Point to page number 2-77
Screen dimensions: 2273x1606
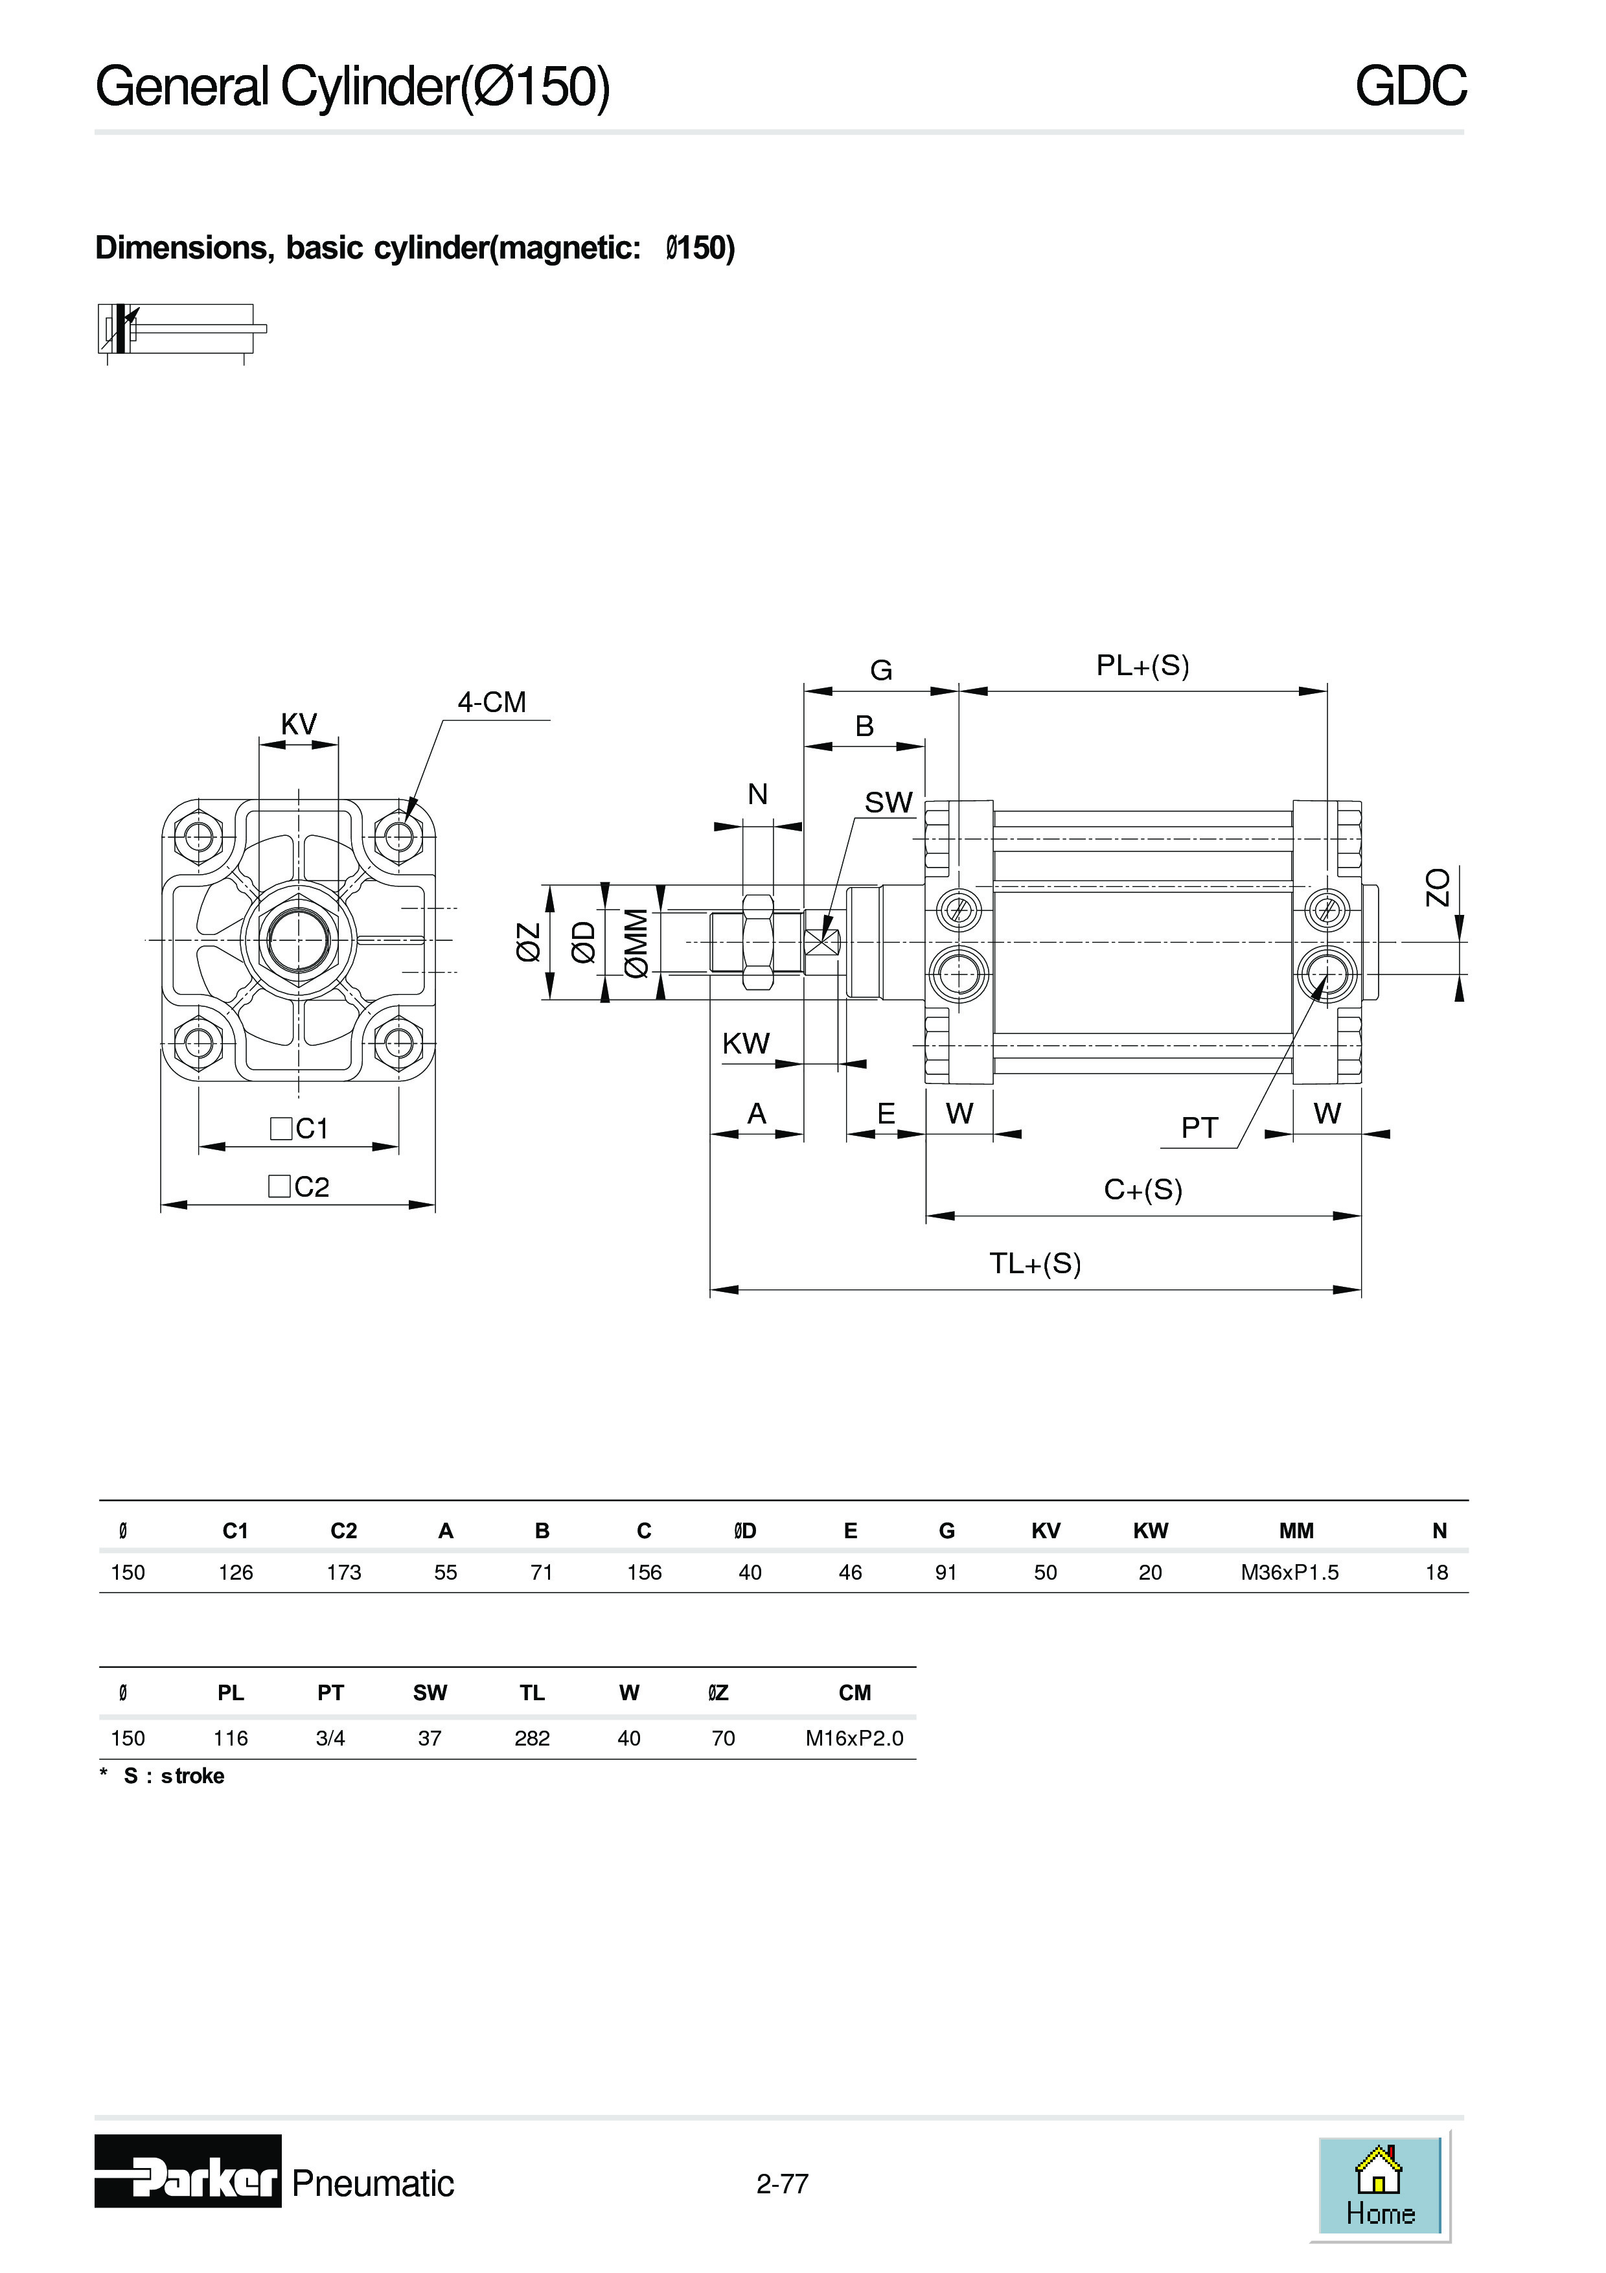pyautogui.click(x=782, y=2183)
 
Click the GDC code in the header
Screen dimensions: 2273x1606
pyautogui.click(x=1410, y=86)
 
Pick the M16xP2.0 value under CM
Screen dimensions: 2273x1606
pyautogui.click(x=854, y=1738)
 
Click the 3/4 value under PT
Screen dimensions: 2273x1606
pyautogui.click(x=330, y=1738)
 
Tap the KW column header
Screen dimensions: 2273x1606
pyautogui.click(x=1150, y=1530)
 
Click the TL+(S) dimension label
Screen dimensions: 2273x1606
pyautogui.click(x=1035, y=1263)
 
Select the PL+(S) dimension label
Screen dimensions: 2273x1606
pyautogui.click(x=1142, y=665)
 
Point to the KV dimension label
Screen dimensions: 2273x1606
pyautogui.click(x=298, y=724)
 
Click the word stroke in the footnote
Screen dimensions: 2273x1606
pyautogui.click(x=193, y=1776)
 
